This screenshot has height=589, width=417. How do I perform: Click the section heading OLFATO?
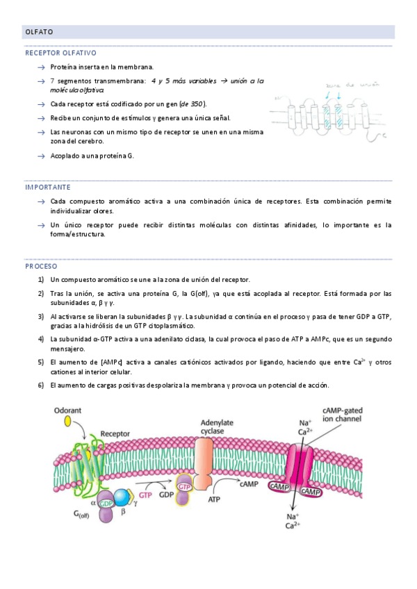(39, 32)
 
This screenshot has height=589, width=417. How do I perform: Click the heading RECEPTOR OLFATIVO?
(61, 53)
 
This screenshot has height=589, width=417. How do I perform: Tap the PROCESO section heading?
(42, 266)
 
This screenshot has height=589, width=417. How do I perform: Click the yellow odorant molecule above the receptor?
(68, 422)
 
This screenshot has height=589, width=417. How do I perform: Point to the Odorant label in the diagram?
(69, 410)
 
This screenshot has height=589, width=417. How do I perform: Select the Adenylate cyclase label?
(217, 426)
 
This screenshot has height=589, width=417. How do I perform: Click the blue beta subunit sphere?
(122, 497)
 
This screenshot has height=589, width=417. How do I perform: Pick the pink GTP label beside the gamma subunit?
(146, 495)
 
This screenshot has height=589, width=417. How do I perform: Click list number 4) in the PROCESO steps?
(41, 338)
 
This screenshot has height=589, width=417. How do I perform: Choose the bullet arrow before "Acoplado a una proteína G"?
(42, 156)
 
